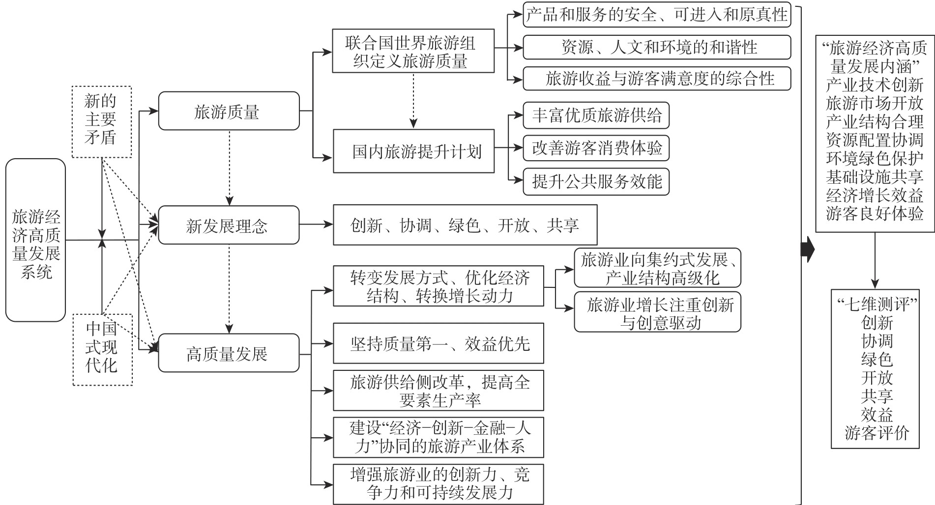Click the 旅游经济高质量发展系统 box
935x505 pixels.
coord(35,240)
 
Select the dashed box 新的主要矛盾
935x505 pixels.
coord(101,122)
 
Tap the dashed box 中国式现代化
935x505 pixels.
coord(102,349)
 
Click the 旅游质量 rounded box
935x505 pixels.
coord(229,111)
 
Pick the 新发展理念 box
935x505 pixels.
coord(229,225)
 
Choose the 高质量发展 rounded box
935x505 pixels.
coord(229,353)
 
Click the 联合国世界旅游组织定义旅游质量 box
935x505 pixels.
coord(413,52)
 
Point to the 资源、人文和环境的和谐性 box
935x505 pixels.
coord(656,48)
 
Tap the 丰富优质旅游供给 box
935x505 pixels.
coord(596,115)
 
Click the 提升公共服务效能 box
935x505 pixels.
coord(596,182)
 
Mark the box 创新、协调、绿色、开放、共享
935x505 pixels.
coord(465,225)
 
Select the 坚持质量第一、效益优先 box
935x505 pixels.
coord(438,343)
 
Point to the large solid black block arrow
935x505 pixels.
coord(808,250)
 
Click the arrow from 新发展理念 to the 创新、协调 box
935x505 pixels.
coord(316,225)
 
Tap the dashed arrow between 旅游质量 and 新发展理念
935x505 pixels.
coord(229,167)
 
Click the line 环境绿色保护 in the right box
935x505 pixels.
coord(875,158)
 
